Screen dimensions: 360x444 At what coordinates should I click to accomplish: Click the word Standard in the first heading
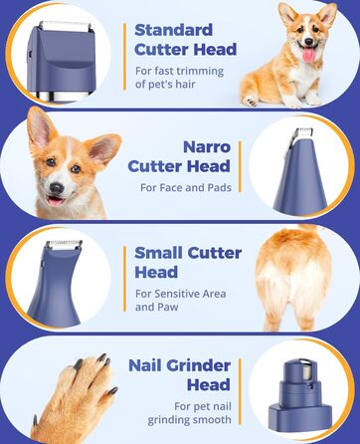[173, 30]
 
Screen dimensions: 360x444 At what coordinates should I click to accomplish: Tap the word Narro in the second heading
[207, 147]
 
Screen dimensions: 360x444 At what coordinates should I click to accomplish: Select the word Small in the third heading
[158, 253]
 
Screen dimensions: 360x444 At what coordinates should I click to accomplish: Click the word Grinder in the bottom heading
[198, 365]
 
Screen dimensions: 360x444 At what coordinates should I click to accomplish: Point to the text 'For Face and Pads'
[186, 187]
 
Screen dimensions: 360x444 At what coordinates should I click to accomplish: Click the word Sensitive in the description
[177, 294]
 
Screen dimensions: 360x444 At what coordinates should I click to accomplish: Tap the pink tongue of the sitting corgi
[308, 54]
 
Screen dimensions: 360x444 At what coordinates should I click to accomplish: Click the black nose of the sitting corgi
[308, 42]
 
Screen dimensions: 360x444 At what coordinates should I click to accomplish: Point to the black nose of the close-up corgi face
[57, 188]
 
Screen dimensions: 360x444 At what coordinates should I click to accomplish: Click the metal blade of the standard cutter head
[65, 26]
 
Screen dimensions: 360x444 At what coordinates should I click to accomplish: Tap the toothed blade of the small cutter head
[64, 245]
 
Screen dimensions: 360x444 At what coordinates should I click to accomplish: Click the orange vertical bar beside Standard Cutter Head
[124, 57]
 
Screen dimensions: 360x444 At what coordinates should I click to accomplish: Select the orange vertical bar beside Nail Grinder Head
[240, 391]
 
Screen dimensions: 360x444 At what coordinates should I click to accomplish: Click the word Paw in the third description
[168, 307]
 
